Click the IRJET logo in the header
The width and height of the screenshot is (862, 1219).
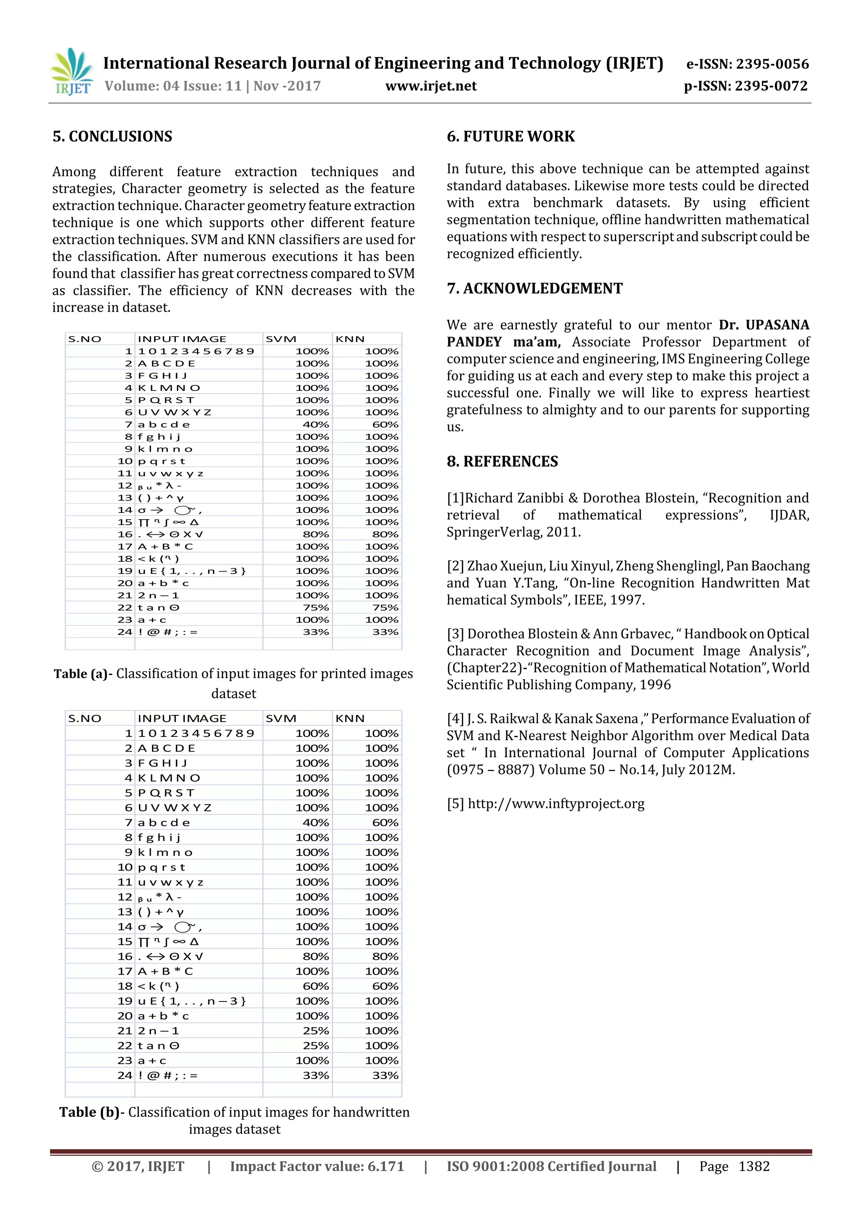point(72,73)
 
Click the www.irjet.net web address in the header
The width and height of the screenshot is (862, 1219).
point(431,86)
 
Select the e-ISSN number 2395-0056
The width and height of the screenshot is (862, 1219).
point(772,64)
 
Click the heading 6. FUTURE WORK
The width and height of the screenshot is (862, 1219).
point(511,136)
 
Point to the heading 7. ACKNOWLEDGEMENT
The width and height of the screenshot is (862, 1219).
point(534,288)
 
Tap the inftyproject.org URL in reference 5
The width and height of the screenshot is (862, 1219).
point(556,804)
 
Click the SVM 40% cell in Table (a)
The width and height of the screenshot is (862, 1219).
point(316,425)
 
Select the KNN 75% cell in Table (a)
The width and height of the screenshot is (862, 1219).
point(385,607)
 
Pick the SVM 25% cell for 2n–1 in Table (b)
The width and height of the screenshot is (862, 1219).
point(316,1030)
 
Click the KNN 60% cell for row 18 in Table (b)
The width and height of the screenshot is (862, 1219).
point(385,986)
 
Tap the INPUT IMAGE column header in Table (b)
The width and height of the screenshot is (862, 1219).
point(182,718)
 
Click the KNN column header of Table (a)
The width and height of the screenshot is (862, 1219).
point(350,339)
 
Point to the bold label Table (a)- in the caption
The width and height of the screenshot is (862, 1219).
point(83,674)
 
